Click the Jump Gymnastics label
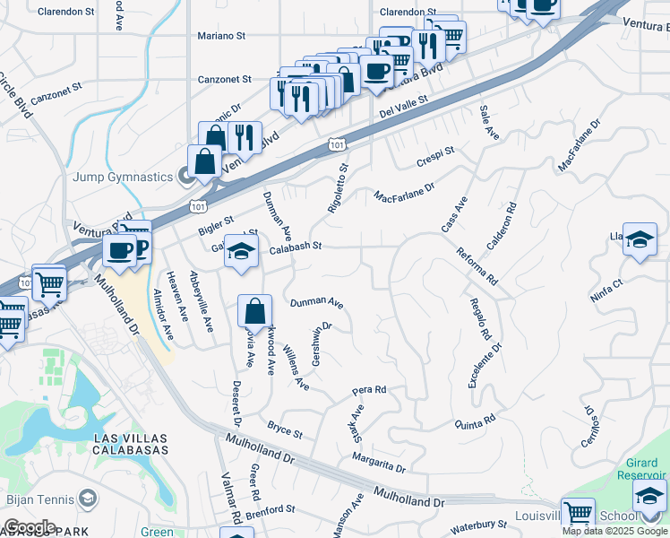pyautogui.click(x=124, y=177)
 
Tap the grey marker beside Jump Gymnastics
pyautogui.click(x=185, y=177)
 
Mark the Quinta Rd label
pyautogui.click(x=475, y=421)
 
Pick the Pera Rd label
pyautogui.click(x=369, y=390)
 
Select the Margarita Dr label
pyautogui.click(x=379, y=463)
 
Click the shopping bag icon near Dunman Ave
pyautogui.click(x=255, y=312)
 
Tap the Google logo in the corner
pyautogui.click(x=30, y=527)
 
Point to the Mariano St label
pyautogui.click(x=221, y=36)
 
